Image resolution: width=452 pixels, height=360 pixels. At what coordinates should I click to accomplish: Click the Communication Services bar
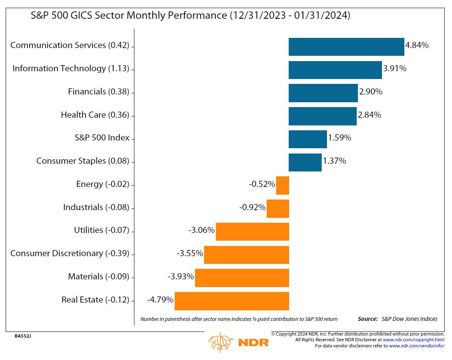346,46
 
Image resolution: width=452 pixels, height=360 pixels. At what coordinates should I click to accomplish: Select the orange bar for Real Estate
232,301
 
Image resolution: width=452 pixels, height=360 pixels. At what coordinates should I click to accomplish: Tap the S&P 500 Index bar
307,139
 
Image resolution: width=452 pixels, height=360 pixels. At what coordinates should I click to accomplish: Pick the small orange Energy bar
282,185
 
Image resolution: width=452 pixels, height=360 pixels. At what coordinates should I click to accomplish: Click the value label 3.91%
395,68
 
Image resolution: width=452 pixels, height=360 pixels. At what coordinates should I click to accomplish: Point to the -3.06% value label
201,230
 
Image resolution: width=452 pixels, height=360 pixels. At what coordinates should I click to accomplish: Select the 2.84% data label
369,115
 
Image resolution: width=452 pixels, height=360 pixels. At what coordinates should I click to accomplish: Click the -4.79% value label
160,300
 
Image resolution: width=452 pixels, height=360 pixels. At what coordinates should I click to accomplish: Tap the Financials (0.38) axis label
99,92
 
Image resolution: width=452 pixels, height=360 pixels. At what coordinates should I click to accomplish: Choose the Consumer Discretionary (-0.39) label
70,253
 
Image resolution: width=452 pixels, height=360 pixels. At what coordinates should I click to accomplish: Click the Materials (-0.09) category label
99,277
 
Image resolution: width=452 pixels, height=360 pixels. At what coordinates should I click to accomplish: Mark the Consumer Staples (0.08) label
83,161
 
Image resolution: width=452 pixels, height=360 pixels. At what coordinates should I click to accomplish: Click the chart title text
191,15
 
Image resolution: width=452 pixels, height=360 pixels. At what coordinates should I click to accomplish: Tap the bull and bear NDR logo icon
220,341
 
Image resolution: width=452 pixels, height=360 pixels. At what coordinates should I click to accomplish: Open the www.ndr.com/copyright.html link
413,340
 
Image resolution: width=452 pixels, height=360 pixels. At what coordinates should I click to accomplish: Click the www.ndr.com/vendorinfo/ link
417,346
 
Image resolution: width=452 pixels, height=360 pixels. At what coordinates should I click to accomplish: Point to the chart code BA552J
23,336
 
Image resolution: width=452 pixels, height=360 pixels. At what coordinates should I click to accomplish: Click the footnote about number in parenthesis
239,319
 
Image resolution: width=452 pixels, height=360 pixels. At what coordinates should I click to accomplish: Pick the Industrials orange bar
278,209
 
